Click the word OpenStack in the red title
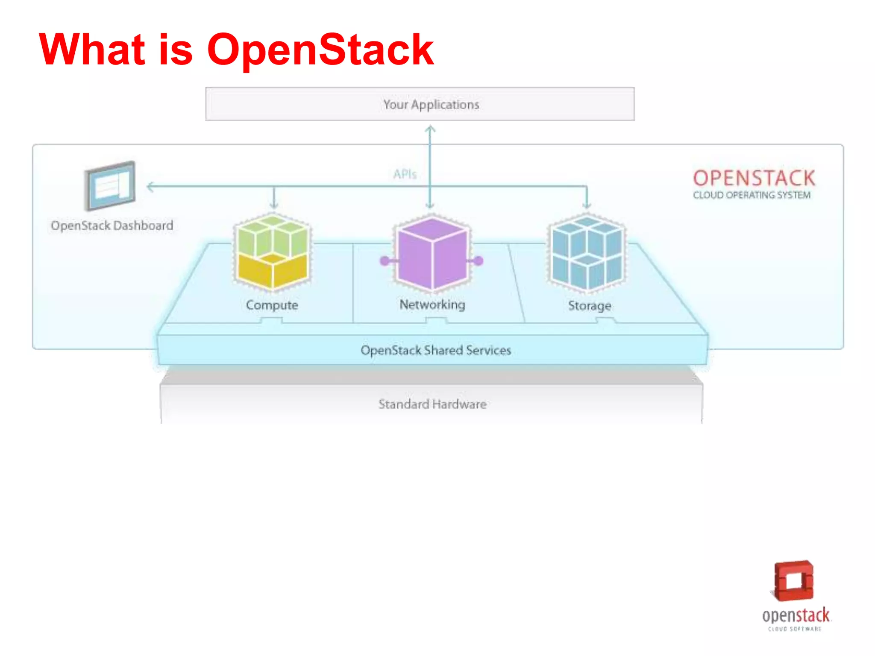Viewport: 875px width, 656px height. (320, 50)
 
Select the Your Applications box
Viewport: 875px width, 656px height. (420, 104)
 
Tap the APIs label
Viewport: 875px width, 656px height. (404, 174)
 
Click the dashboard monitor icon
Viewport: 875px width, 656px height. (110, 186)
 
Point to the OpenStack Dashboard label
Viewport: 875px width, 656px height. (112, 225)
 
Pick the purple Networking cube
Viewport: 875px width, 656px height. (432, 253)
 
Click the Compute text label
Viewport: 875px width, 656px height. (272, 305)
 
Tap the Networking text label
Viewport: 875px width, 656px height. (432, 305)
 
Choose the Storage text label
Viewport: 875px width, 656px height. (589, 305)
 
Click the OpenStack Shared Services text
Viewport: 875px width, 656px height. (435, 350)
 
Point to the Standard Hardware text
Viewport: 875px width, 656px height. (432, 404)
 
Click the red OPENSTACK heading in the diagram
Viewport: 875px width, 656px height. (754, 178)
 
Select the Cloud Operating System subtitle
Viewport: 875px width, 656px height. (752, 195)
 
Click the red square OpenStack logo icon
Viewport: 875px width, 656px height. (793, 581)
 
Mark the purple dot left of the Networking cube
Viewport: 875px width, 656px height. (385, 261)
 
